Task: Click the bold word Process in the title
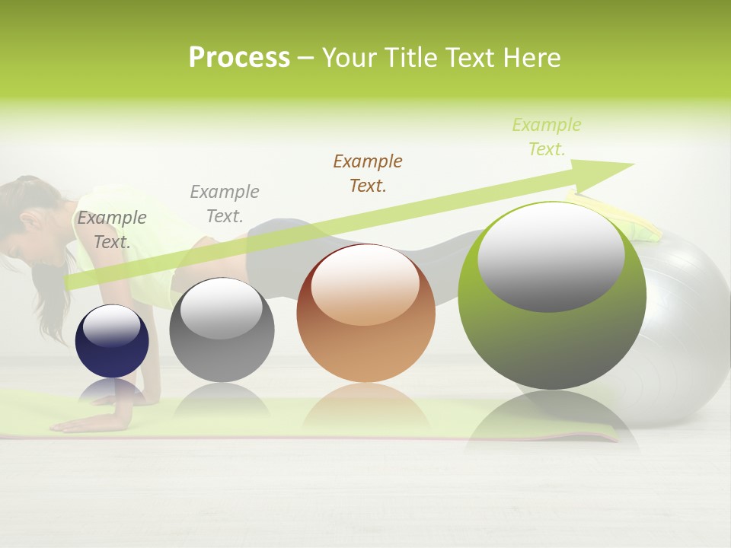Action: click(239, 58)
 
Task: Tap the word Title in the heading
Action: click(408, 58)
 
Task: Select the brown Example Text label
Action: click(368, 173)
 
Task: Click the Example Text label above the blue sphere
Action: click(112, 229)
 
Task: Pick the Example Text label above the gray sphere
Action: click(225, 203)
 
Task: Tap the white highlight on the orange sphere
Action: click(365, 284)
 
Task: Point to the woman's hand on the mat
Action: click(84, 423)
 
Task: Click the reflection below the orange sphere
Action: click(365, 407)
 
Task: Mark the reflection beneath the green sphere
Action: click(552, 422)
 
